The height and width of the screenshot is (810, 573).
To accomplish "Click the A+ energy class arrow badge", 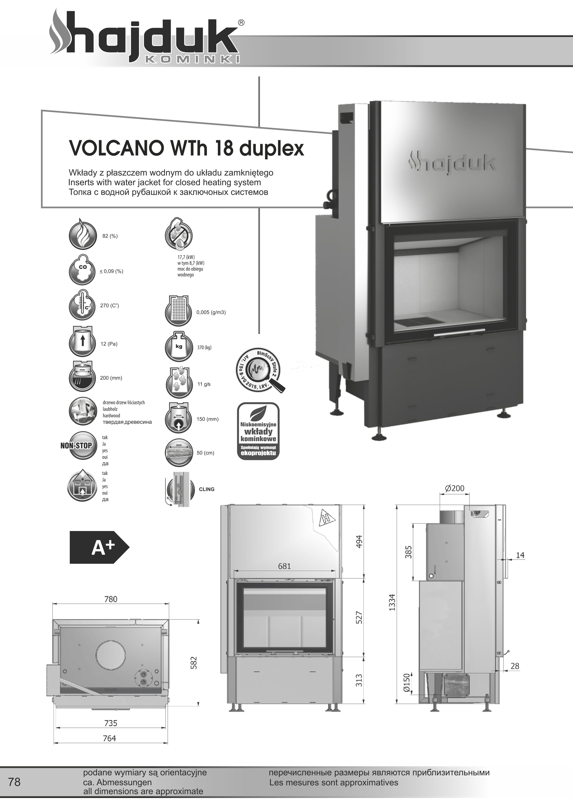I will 99,547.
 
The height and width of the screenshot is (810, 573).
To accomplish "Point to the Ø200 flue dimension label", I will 454,489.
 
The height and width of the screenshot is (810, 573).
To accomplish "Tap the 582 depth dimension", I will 193,663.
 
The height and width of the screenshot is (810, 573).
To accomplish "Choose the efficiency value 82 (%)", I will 110,236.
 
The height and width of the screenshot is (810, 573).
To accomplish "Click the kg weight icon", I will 179,347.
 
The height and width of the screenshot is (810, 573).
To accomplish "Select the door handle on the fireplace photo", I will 459,332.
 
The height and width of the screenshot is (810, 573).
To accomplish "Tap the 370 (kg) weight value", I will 204,348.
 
